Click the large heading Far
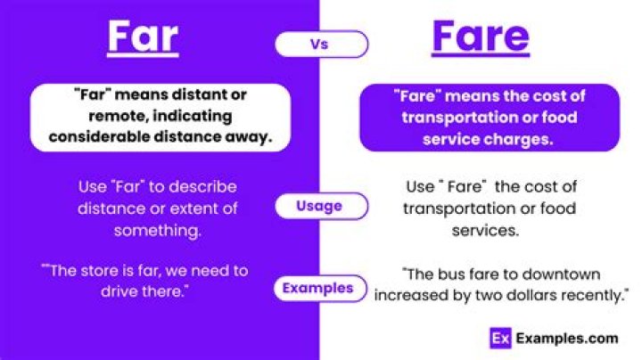[x=143, y=37]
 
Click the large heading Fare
[x=480, y=37]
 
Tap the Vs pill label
[x=320, y=43]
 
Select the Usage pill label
[x=320, y=206]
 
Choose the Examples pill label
[x=318, y=288]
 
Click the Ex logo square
[x=500, y=338]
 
